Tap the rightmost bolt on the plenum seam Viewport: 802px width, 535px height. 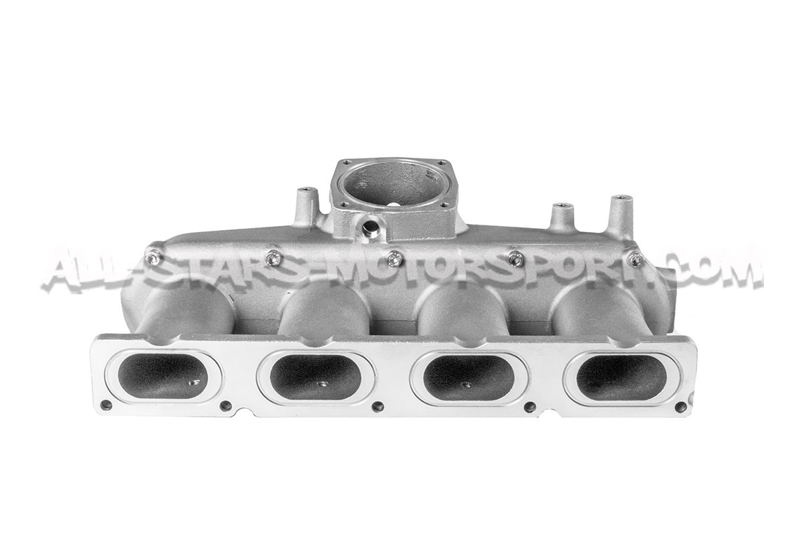(636, 259)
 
